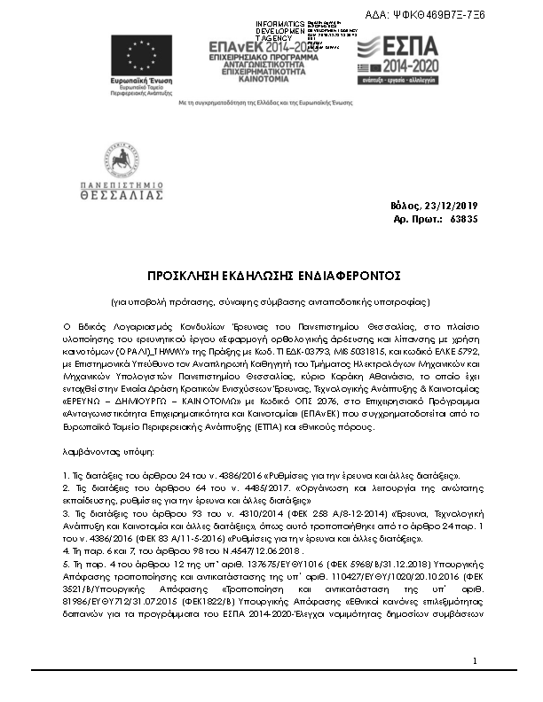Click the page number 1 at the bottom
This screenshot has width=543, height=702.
pos(475,685)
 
